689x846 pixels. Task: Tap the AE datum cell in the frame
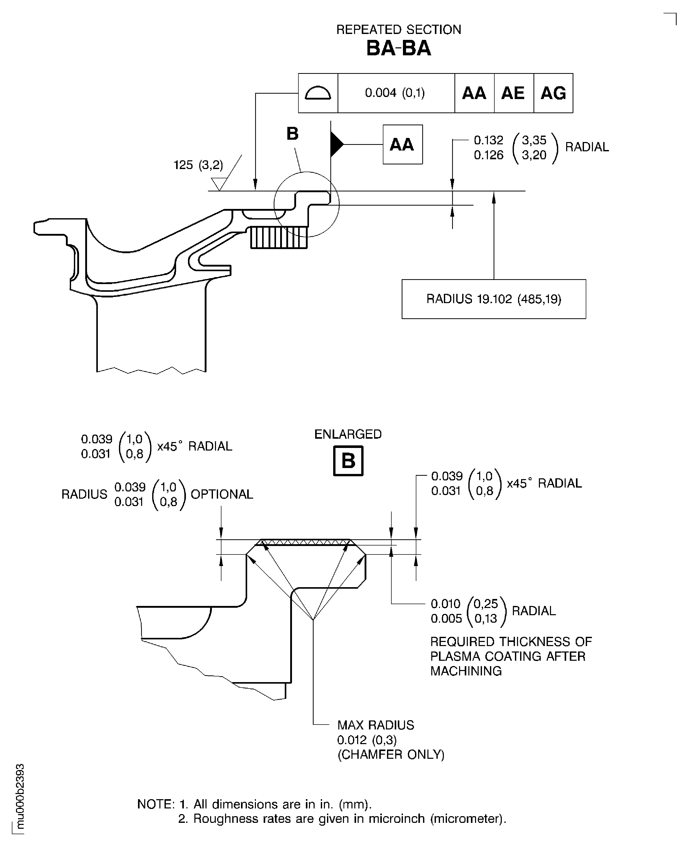coord(513,93)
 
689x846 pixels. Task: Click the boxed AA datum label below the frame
coord(402,144)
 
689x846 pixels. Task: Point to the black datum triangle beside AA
coord(336,144)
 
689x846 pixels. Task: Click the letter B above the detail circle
coord(292,134)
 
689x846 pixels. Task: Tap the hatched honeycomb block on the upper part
coord(279,237)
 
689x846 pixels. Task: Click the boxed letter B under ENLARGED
coord(348,461)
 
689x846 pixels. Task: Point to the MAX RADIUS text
coord(375,725)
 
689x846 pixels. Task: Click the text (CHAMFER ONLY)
coord(391,754)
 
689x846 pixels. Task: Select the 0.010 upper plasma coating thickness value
coord(446,604)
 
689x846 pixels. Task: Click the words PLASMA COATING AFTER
coord(508,656)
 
